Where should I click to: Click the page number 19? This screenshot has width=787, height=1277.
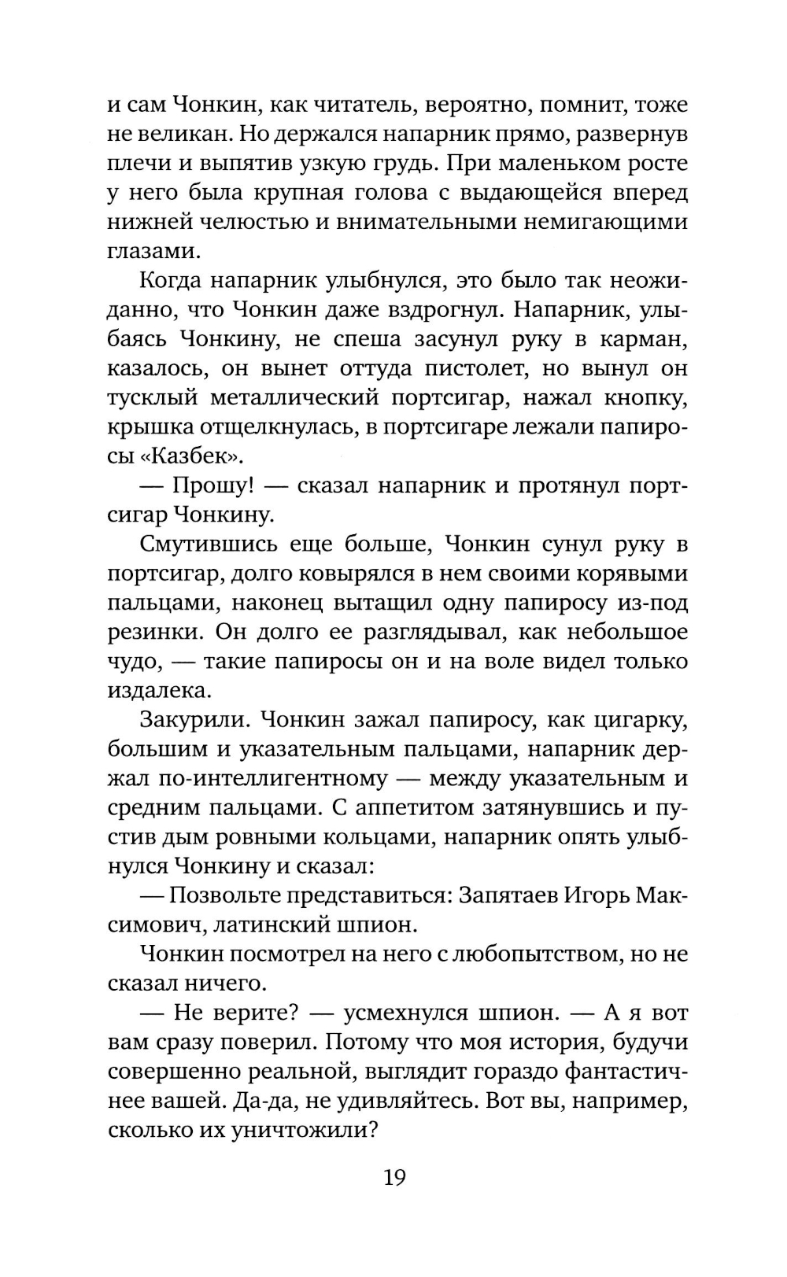pyautogui.click(x=394, y=1177)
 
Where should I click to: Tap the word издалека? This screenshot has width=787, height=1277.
pyautogui.click(x=159, y=690)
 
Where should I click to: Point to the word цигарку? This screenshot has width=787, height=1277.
pyautogui.click(x=634, y=720)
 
